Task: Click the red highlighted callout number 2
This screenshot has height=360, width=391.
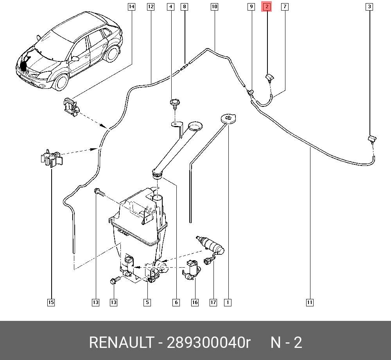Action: [x=267, y=7]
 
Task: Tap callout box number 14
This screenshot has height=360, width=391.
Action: [x=131, y=7]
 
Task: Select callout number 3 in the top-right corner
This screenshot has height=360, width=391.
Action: [x=369, y=7]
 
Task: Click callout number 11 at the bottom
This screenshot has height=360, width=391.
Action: [x=309, y=302]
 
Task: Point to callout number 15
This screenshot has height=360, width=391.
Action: [x=51, y=302]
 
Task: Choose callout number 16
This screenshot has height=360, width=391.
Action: [x=195, y=302]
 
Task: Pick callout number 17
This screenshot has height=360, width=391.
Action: [x=213, y=302]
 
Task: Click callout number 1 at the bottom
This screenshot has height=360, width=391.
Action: [x=228, y=302]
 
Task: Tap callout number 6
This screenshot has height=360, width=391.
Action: [x=176, y=302]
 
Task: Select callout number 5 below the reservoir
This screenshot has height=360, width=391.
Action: [x=147, y=302]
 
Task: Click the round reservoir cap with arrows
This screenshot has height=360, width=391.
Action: [x=229, y=118]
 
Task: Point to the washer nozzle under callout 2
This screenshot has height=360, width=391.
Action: [x=269, y=78]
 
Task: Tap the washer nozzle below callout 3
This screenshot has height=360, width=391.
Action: [x=371, y=138]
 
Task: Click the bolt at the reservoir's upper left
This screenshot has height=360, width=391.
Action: [x=98, y=192]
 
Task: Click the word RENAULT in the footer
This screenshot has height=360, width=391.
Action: [x=121, y=343]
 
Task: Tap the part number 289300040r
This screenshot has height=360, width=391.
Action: [x=208, y=343]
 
